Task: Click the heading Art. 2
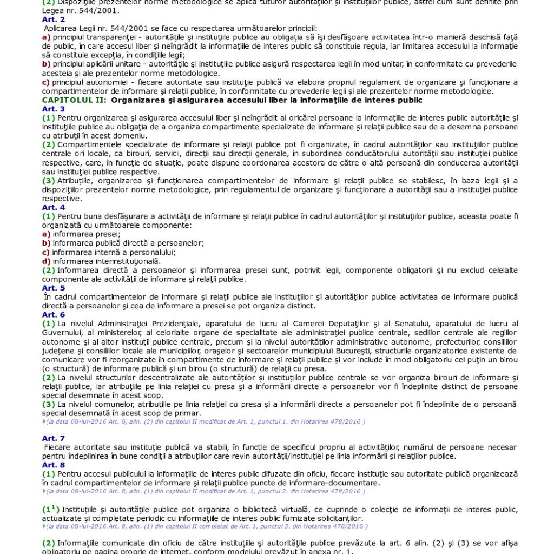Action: pyautogui.click(x=53, y=19)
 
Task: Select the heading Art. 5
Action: pyautogui.click(x=53, y=288)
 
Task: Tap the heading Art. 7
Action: pyautogui.click(x=53, y=438)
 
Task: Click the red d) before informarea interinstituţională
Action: pyautogui.click(x=46, y=261)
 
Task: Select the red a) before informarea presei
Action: pyautogui.click(x=46, y=234)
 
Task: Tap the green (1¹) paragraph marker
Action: pyautogui.click(x=50, y=509)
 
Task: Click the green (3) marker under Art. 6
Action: pyautogui.click(x=48, y=404)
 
